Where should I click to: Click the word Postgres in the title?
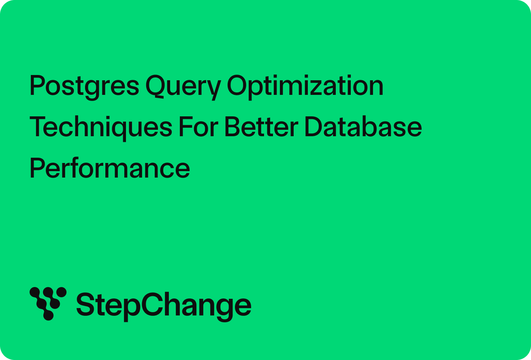(x=84, y=87)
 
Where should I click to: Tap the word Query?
(x=183, y=87)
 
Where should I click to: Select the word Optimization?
(x=305, y=87)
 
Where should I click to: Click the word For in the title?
(x=198, y=126)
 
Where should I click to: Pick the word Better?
(x=261, y=126)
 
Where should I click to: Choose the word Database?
(x=363, y=126)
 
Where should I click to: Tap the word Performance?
(x=110, y=167)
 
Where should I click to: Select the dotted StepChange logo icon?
(x=48, y=304)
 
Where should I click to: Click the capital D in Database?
(x=313, y=126)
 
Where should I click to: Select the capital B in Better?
(x=233, y=126)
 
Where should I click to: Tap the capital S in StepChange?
(x=85, y=304)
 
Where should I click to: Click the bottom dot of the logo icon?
(x=48, y=315)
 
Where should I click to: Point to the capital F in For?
(x=186, y=126)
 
